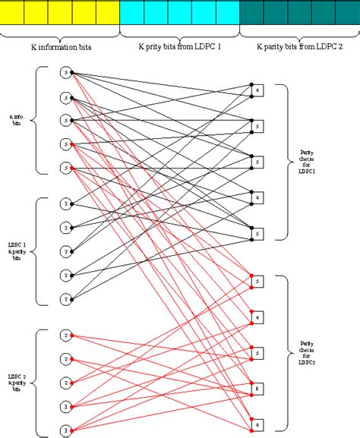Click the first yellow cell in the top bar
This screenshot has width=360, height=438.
[x=13, y=13]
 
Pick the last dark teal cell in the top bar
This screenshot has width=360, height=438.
[x=346, y=13]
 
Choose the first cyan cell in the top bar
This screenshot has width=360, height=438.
[x=132, y=13]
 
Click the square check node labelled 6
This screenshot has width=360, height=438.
[x=257, y=389]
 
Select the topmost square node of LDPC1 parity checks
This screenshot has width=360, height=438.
[x=257, y=91]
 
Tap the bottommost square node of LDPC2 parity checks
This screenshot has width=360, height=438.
[x=257, y=424]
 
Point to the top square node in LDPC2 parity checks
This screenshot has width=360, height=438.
[x=257, y=282]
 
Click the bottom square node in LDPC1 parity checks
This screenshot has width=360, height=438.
[x=257, y=234]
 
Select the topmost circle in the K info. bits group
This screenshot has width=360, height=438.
[x=66, y=74]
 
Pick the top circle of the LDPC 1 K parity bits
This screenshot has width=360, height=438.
[x=66, y=203]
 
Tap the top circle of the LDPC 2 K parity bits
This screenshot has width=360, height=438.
[x=66, y=336]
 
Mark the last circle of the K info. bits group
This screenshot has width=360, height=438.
[x=66, y=168]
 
